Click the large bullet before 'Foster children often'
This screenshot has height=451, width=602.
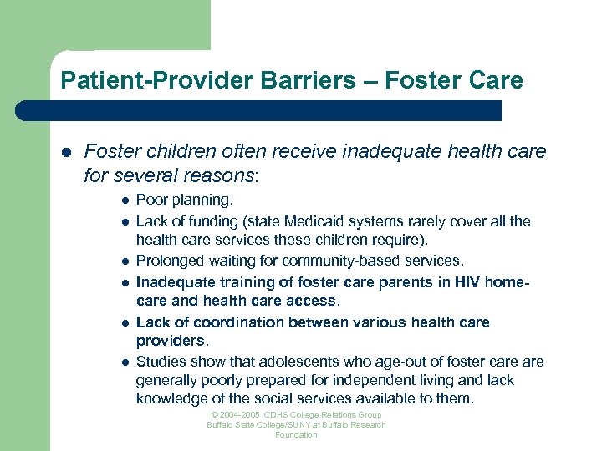tap(65, 152)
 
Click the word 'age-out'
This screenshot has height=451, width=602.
tap(404, 361)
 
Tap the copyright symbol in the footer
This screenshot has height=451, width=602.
tap(214, 415)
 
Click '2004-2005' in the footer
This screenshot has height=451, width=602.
tap(240, 415)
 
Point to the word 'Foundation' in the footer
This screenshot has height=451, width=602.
tap(296, 435)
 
